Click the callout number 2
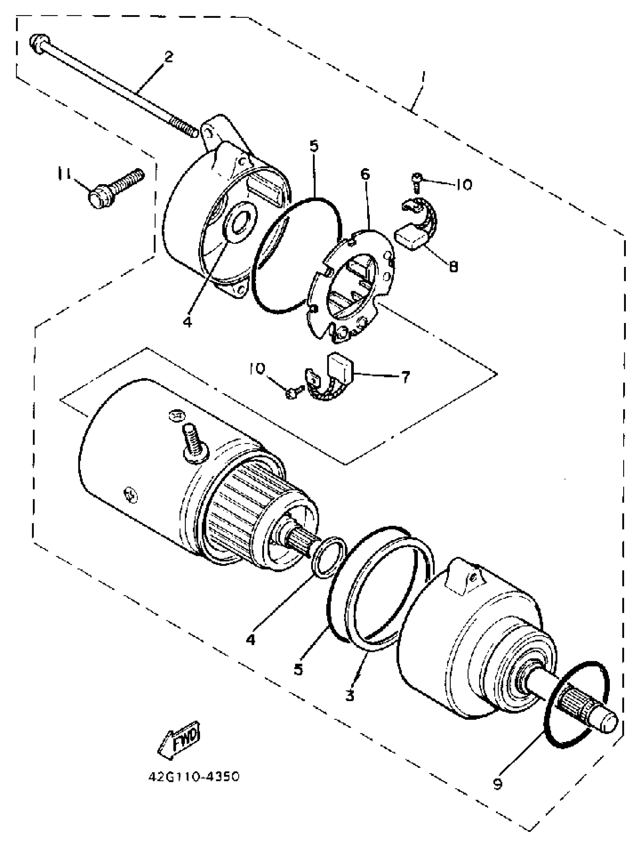(168, 57)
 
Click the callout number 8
(453, 266)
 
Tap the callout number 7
(406, 377)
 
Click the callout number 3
(350, 694)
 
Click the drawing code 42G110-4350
(194, 777)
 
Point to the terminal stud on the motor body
(195, 439)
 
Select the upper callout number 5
(314, 146)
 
